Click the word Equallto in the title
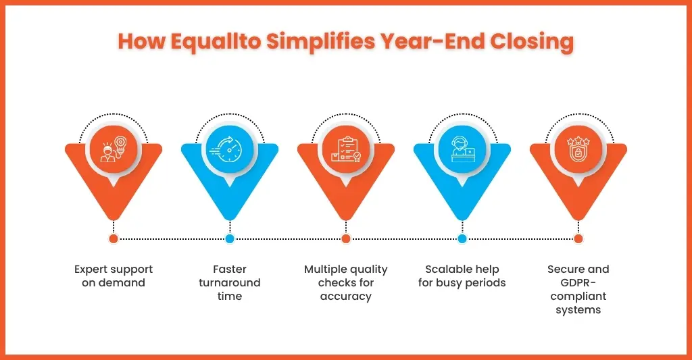click(216, 42)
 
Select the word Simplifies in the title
click(321, 42)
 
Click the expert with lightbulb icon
click(114, 149)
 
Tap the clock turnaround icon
click(230, 149)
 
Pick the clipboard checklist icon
click(346, 149)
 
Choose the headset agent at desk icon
click(462, 149)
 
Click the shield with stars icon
click(578, 149)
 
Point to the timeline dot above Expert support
click(114, 238)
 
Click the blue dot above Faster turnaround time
click(230, 238)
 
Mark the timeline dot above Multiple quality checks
click(346, 238)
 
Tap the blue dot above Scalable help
click(462, 238)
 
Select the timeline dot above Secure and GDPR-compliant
click(578, 238)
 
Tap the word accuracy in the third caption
click(346, 297)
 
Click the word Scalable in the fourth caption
click(444, 269)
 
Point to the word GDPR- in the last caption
click(578, 283)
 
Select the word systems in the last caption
click(578, 310)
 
